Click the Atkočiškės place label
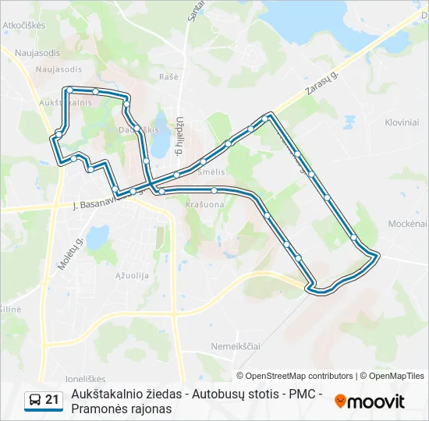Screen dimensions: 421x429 click(x=24, y=25)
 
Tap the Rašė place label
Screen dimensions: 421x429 click(x=169, y=76)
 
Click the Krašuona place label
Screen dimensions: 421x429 click(x=204, y=204)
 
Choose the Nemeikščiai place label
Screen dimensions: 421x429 click(x=235, y=345)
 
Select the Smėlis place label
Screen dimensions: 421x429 click(x=212, y=171)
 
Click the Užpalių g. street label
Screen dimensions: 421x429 click(x=179, y=136)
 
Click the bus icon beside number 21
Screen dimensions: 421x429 click(x=35, y=400)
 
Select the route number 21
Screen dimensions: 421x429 click(x=52, y=400)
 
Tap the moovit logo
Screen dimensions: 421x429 click(x=370, y=401)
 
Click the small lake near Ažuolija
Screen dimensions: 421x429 click(x=98, y=235)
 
